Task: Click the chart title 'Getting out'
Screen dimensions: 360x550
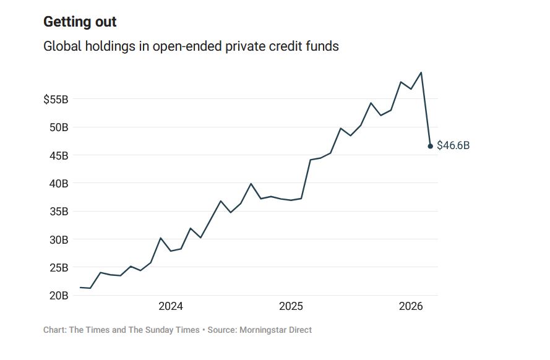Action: [80, 22]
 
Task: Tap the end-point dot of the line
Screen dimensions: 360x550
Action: [431, 146]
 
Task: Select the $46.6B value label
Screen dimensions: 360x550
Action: [453, 146]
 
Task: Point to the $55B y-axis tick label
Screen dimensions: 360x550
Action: [56, 99]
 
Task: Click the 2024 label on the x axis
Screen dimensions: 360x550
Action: [171, 306]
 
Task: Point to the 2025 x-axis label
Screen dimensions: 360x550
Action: [291, 306]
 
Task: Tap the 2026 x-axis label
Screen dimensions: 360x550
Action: [411, 306]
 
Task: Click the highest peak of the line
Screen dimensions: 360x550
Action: [421, 72]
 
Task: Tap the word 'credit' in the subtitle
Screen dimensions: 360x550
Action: [284, 46]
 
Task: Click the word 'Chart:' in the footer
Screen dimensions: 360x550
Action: [54, 330]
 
